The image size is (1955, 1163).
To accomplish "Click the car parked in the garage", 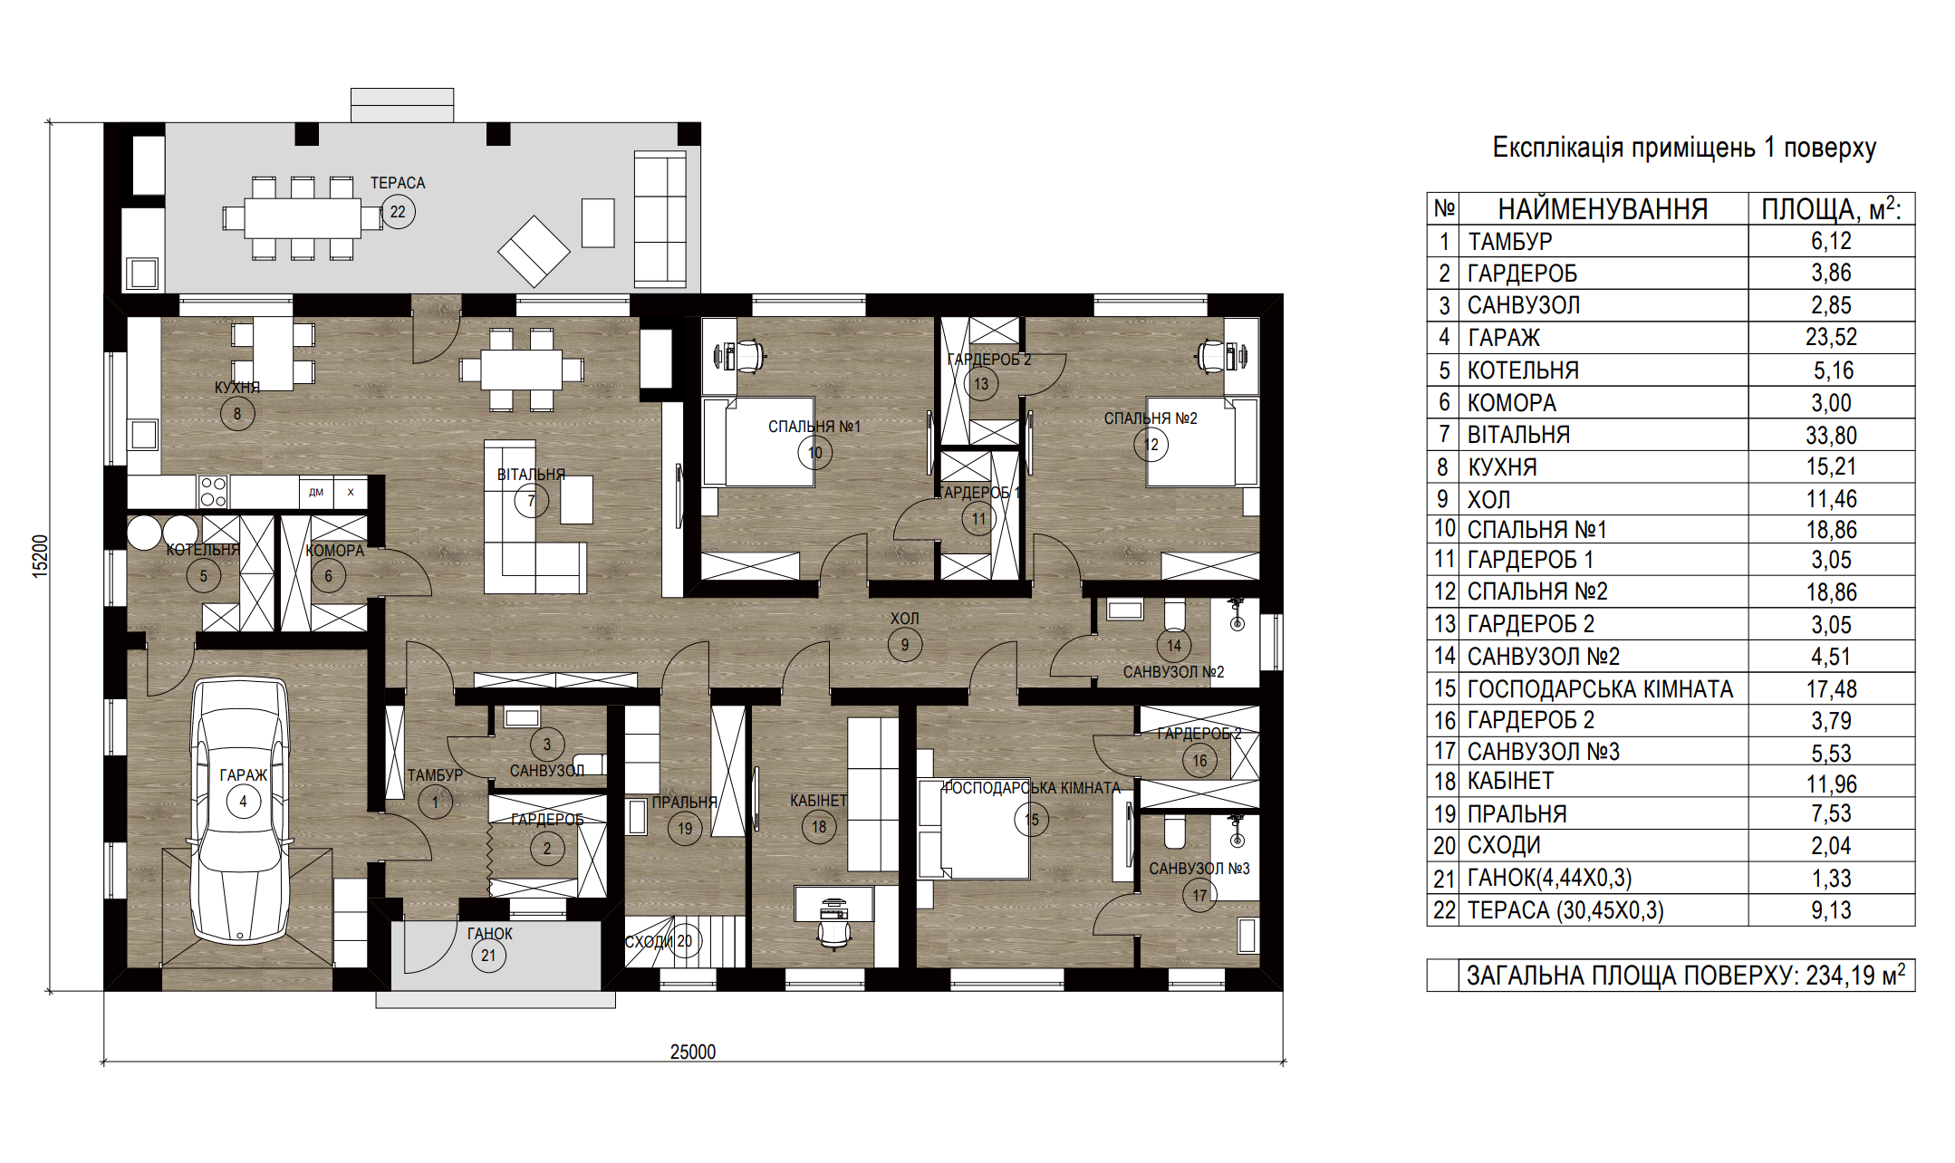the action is click(x=241, y=812).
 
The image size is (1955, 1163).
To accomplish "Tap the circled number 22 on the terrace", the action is click(x=398, y=212).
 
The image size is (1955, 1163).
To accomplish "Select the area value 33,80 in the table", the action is click(x=1831, y=436).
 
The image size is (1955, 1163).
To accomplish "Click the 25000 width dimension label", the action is click(x=693, y=1052).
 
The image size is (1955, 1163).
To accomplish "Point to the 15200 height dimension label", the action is click(x=40, y=556).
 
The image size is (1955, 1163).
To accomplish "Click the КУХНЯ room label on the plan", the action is click(x=237, y=388).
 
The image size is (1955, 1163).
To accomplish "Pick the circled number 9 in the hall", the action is click(x=904, y=645).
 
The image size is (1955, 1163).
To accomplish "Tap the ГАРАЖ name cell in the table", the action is click(x=1504, y=338).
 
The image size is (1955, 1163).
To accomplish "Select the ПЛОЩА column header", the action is click(x=1831, y=210).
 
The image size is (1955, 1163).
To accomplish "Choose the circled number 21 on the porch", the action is click(x=488, y=956).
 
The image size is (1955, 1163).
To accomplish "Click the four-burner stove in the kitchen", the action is click(x=213, y=492).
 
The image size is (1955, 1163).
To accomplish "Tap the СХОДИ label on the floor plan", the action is click(x=649, y=942).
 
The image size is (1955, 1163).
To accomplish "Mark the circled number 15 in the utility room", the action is click(x=1032, y=820).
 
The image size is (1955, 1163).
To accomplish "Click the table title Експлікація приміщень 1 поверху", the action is click(x=1684, y=148).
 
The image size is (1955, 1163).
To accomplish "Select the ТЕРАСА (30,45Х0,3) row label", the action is click(x=1565, y=910).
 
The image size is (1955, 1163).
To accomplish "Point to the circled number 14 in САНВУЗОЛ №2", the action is click(x=1174, y=645).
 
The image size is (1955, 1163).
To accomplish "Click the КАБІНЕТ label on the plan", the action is click(x=818, y=801).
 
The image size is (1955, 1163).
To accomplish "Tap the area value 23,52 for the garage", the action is click(x=1831, y=338).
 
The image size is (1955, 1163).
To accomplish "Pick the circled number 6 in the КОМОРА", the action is click(x=328, y=576).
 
